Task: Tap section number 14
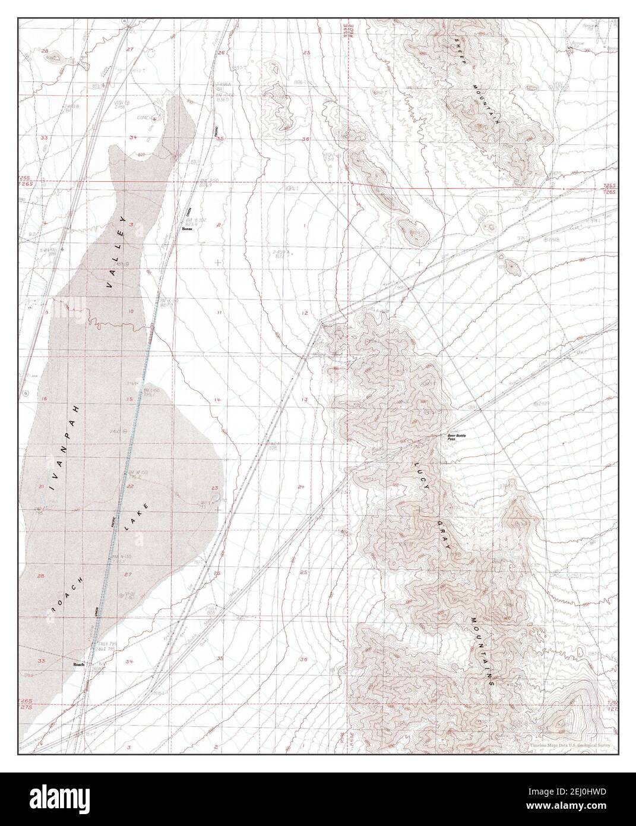point(217,400)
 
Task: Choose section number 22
point(129,487)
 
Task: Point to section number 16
point(44,399)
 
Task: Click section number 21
point(41,487)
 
